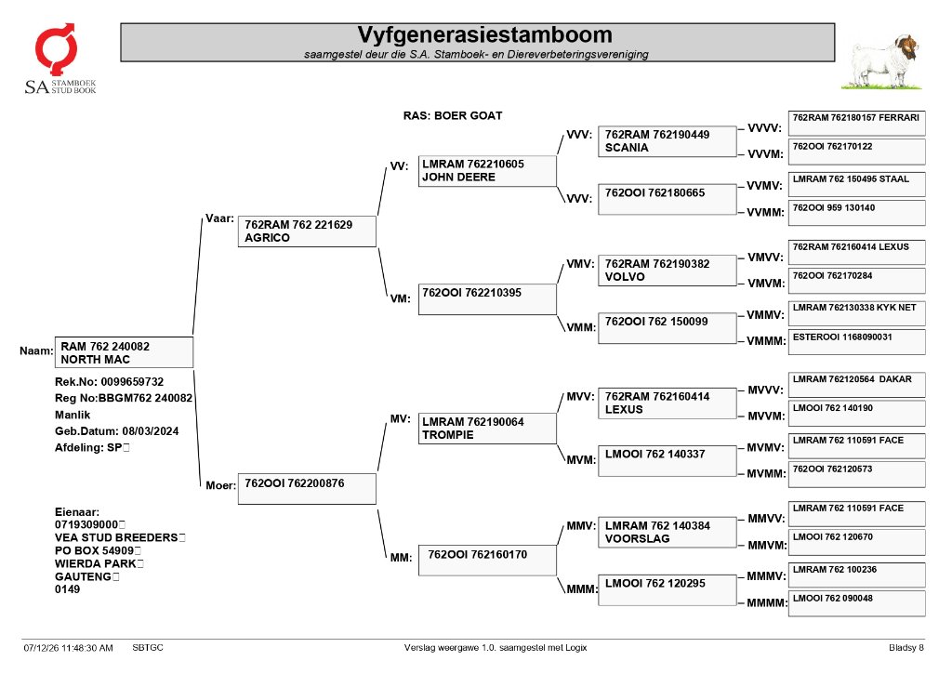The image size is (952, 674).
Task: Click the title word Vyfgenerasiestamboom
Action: (484, 34)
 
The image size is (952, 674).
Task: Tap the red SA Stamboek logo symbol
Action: (56, 48)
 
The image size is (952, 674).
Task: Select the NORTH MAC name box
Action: (124, 352)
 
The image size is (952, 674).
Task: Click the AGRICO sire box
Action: (307, 231)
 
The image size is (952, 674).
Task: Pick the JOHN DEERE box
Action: (487, 171)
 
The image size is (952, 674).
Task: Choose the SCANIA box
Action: (667, 141)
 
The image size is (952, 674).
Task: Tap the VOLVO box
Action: (667, 271)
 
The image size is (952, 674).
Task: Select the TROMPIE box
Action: (487, 428)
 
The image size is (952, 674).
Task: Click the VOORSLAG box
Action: (667, 533)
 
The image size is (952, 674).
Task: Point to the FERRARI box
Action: (856, 124)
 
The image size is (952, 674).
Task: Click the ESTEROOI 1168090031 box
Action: (856, 342)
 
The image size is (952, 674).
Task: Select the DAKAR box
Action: (856, 384)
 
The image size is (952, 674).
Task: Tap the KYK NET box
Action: (856, 312)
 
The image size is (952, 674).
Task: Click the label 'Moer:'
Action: (220, 486)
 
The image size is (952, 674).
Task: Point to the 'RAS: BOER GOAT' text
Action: (453, 115)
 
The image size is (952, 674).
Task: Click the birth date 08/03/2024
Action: (150, 431)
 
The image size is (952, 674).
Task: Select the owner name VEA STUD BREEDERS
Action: (116, 537)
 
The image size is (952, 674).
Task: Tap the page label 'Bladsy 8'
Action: (906, 648)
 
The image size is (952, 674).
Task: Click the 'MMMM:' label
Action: (767, 603)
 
